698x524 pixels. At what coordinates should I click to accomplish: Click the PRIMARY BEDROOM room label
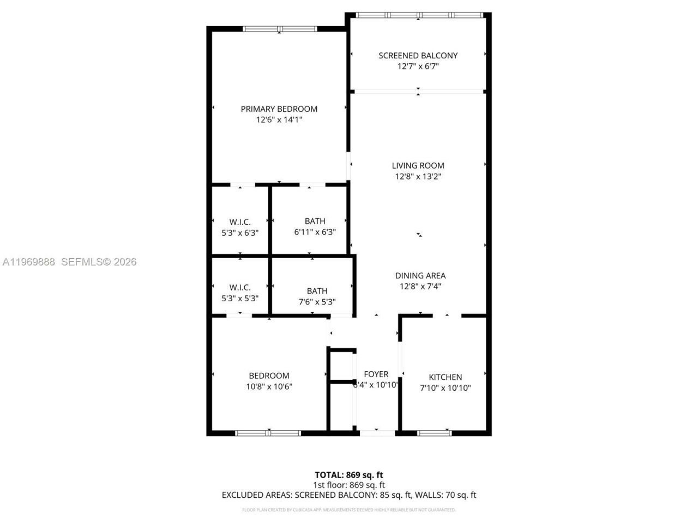pyautogui.click(x=279, y=109)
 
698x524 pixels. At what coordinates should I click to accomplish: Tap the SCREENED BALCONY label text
pyautogui.click(x=418, y=55)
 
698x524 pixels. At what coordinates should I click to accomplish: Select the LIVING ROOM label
pyautogui.click(x=418, y=165)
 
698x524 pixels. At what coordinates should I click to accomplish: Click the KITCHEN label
pyautogui.click(x=445, y=377)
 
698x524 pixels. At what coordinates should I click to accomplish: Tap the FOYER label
pyautogui.click(x=376, y=374)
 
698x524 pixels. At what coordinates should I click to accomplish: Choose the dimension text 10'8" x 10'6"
pyautogui.click(x=269, y=386)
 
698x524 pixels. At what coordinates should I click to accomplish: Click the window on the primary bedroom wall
pyautogui.click(x=279, y=29)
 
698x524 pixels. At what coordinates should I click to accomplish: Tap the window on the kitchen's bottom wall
pyautogui.click(x=434, y=433)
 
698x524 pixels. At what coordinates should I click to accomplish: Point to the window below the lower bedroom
pyautogui.click(x=268, y=433)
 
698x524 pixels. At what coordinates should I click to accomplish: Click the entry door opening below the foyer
pyautogui.click(x=377, y=433)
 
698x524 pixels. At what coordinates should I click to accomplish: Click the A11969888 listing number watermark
pyautogui.click(x=28, y=262)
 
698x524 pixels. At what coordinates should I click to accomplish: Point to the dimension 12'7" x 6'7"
pyautogui.click(x=418, y=66)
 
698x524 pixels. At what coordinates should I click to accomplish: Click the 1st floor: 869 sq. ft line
pyautogui.click(x=348, y=485)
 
